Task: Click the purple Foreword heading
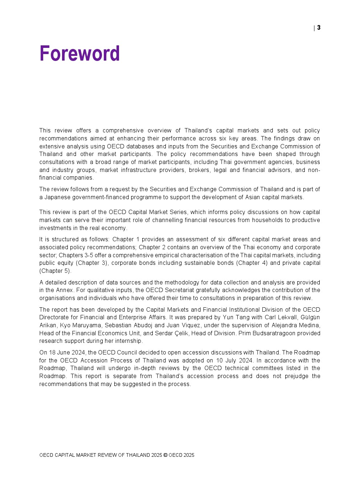point(79,54)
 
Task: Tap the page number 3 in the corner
point(319,28)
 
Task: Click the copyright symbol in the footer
point(165,455)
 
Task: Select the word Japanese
point(57,197)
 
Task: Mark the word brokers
point(199,170)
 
